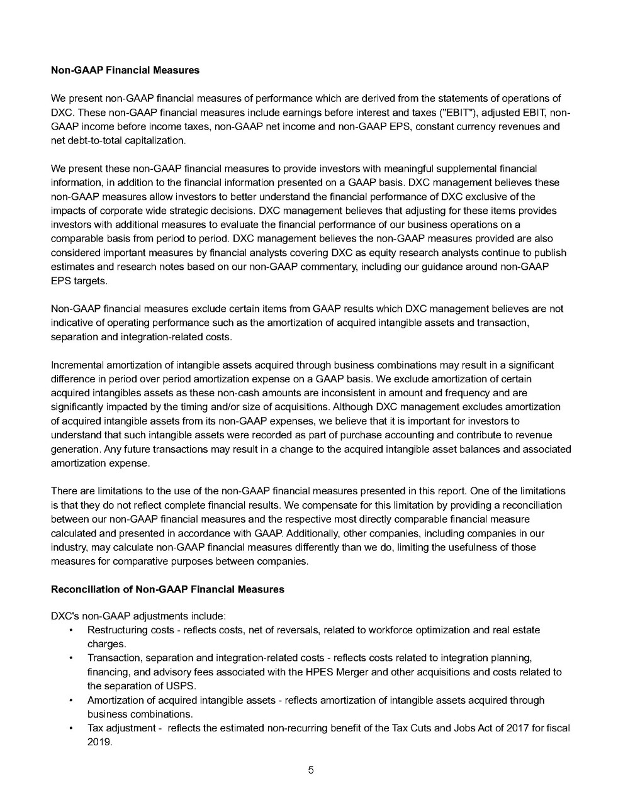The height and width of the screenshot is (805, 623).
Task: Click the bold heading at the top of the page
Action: click(x=125, y=70)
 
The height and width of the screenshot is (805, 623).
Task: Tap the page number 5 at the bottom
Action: click(x=311, y=770)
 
